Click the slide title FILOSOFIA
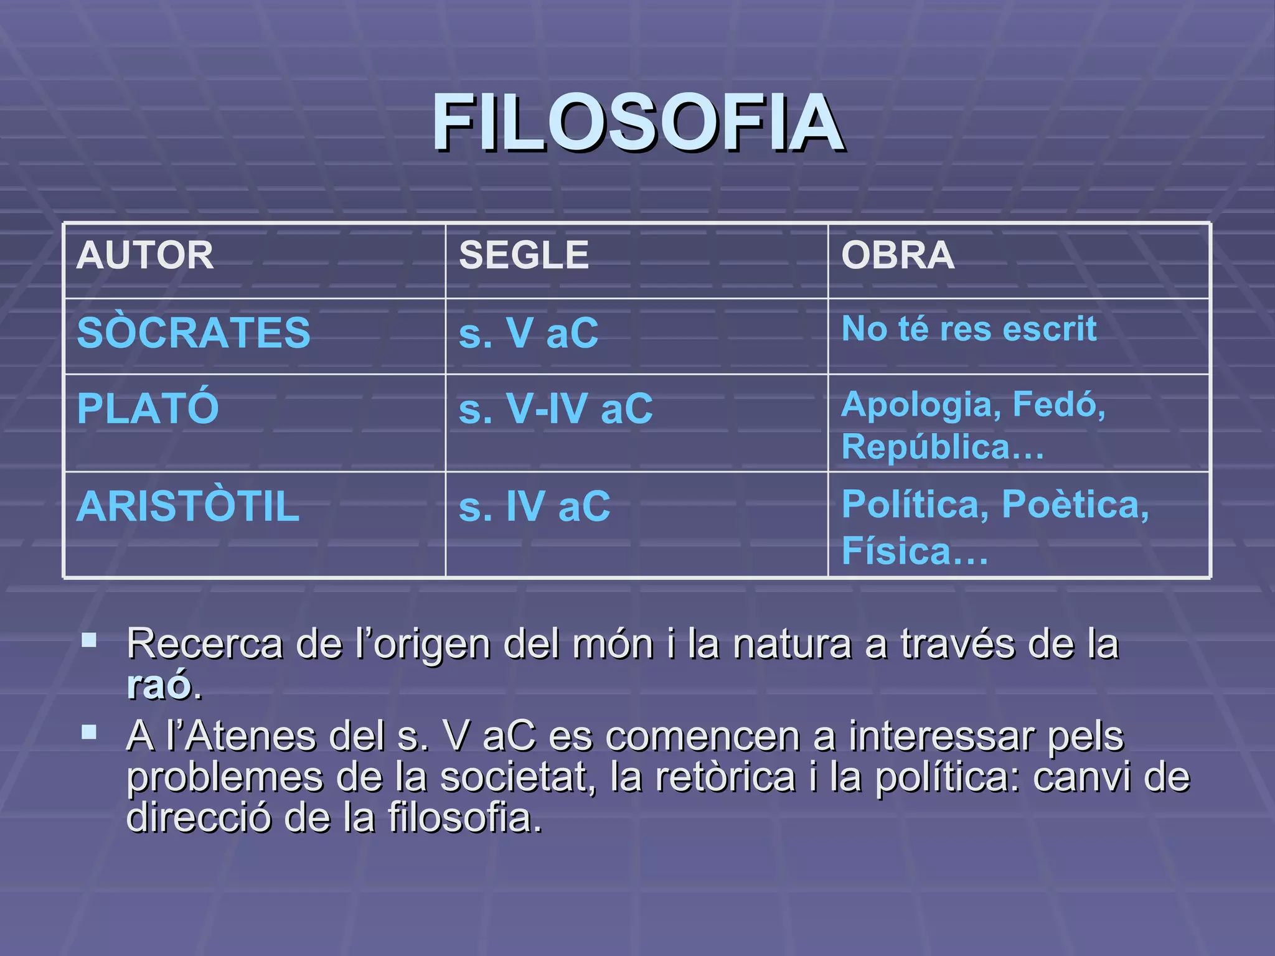point(638,123)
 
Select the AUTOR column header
point(145,255)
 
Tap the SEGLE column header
point(524,255)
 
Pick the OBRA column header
point(898,255)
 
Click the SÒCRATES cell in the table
point(194,332)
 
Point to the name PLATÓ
point(148,408)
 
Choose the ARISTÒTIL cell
point(188,506)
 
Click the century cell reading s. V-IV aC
point(555,409)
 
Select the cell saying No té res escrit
point(969,329)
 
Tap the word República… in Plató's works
point(943,447)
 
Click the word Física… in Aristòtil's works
point(915,551)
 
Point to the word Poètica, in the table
point(1075,504)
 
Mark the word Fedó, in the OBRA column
point(1058,405)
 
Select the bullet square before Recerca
point(89,640)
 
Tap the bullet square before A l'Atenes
point(89,732)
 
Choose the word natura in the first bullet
point(791,644)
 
